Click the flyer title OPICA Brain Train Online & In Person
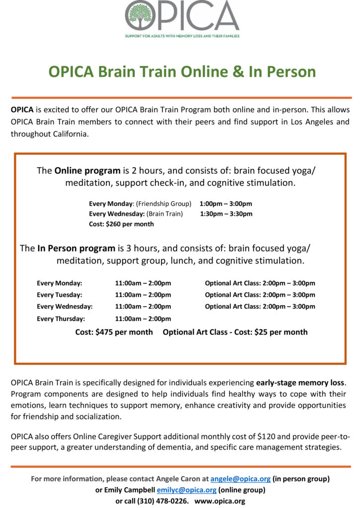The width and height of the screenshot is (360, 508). pyautogui.click(x=182, y=71)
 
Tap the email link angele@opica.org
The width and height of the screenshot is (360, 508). pyautogui.click(x=240, y=479)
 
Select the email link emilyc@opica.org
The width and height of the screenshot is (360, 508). pyautogui.click(x=186, y=490)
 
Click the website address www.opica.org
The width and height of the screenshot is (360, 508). pyautogui.click(x=220, y=501)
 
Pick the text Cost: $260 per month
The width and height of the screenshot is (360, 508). pyautogui.click(x=121, y=224)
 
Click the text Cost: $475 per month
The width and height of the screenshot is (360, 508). pyautogui.click(x=114, y=332)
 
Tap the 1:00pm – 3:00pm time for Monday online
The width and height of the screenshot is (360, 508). pyautogui.click(x=226, y=204)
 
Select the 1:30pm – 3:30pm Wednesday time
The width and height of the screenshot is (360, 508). pyautogui.click(x=226, y=214)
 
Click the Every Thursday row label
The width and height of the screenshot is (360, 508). pyautogui.click(x=61, y=318)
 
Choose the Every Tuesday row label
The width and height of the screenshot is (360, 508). pyautogui.click(x=59, y=295)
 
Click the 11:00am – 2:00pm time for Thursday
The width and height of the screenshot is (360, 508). pyautogui.click(x=143, y=318)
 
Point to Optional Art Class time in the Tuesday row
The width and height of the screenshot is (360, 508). pyautogui.click(x=260, y=295)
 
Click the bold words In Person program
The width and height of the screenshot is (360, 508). pyautogui.click(x=76, y=248)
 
